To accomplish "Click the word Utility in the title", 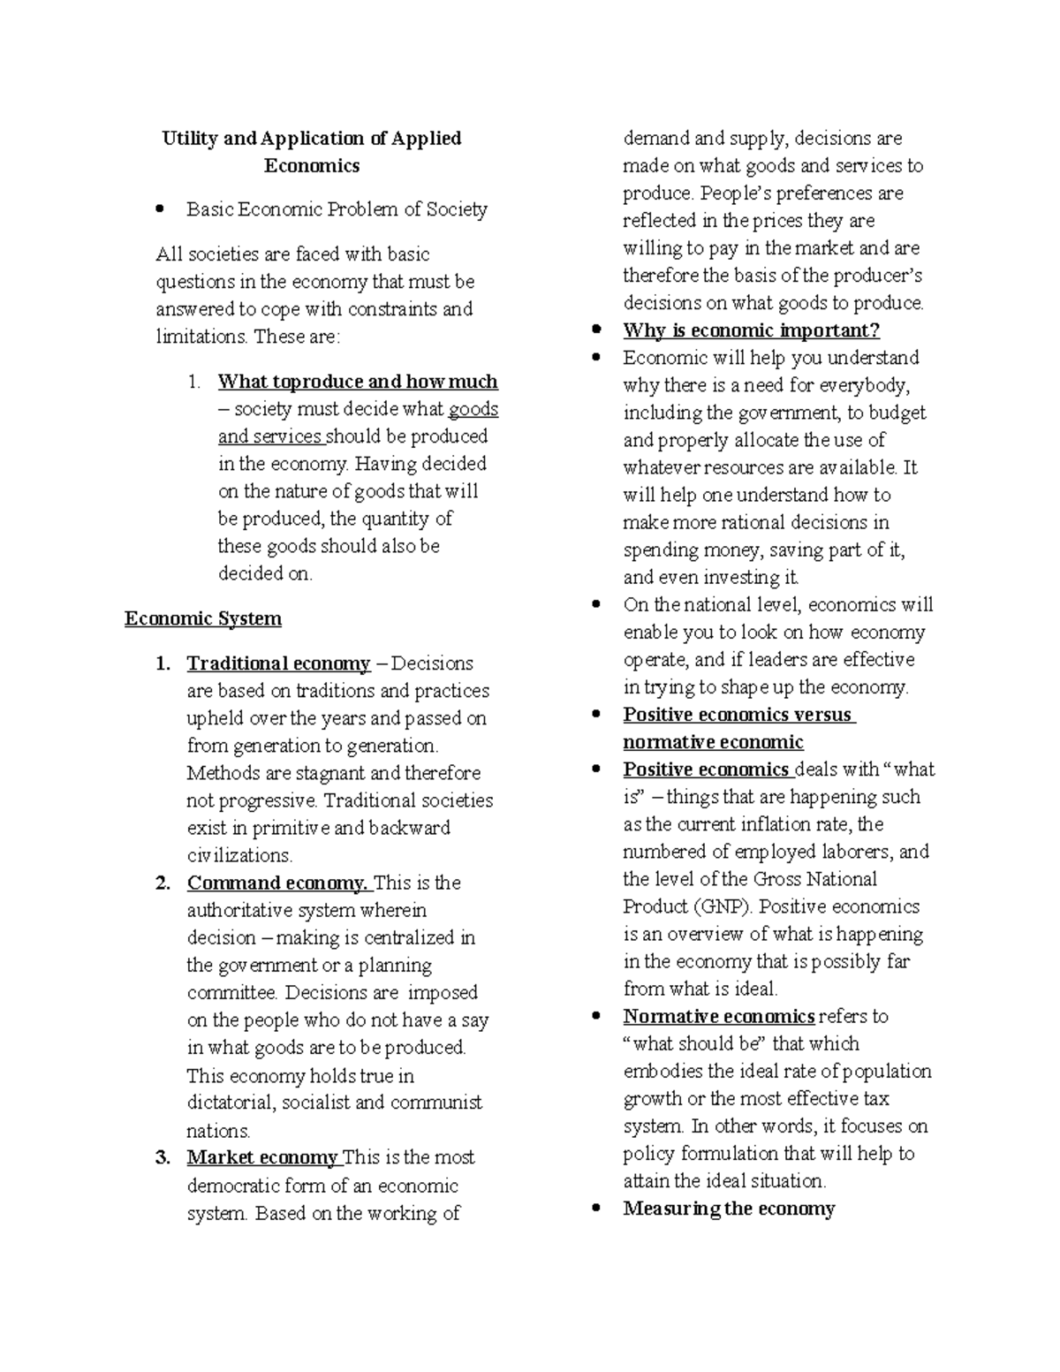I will click(x=189, y=139).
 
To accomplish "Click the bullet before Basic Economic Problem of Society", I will click(x=160, y=210).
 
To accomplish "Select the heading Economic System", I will click(x=203, y=618).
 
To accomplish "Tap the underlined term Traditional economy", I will click(x=278, y=663).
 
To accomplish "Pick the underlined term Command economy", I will click(x=277, y=883).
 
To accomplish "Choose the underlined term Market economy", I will click(x=262, y=1157).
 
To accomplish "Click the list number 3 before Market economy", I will click(x=163, y=1157).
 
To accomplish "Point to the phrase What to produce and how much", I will click(x=358, y=382).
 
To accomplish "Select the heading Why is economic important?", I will click(x=751, y=330).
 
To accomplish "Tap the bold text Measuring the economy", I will click(x=729, y=1209).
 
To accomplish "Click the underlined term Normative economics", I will click(x=718, y=1016).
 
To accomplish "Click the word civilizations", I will click(x=238, y=855).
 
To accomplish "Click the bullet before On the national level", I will click(x=597, y=605).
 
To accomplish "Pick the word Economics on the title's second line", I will click(x=312, y=166).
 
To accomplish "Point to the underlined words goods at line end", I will click(x=473, y=409).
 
